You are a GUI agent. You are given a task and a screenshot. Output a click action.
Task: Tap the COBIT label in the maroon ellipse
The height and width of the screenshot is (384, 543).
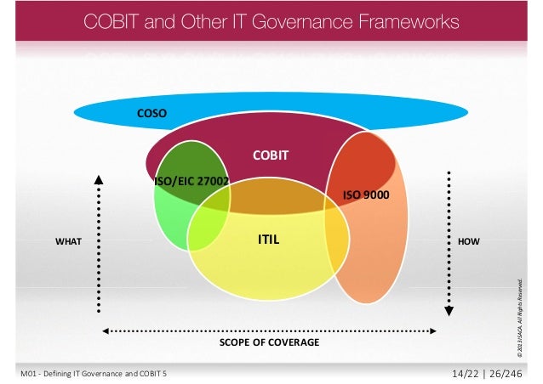(x=271, y=155)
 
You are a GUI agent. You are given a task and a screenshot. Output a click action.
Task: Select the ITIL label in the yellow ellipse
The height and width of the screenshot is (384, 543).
(x=269, y=240)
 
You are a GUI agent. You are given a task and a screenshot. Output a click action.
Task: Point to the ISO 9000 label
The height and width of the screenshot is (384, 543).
(x=364, y=195)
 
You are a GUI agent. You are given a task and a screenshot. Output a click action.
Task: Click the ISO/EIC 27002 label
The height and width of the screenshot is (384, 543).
(x=191, y=182)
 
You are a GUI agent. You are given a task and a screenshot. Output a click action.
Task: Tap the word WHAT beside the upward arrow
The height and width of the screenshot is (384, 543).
(x=68, y=241)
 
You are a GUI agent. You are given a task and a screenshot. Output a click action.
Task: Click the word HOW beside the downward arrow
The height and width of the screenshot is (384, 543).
(x=469, y=241)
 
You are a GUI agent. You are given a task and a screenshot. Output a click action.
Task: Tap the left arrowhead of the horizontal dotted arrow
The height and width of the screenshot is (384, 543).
(x=105, y=330)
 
